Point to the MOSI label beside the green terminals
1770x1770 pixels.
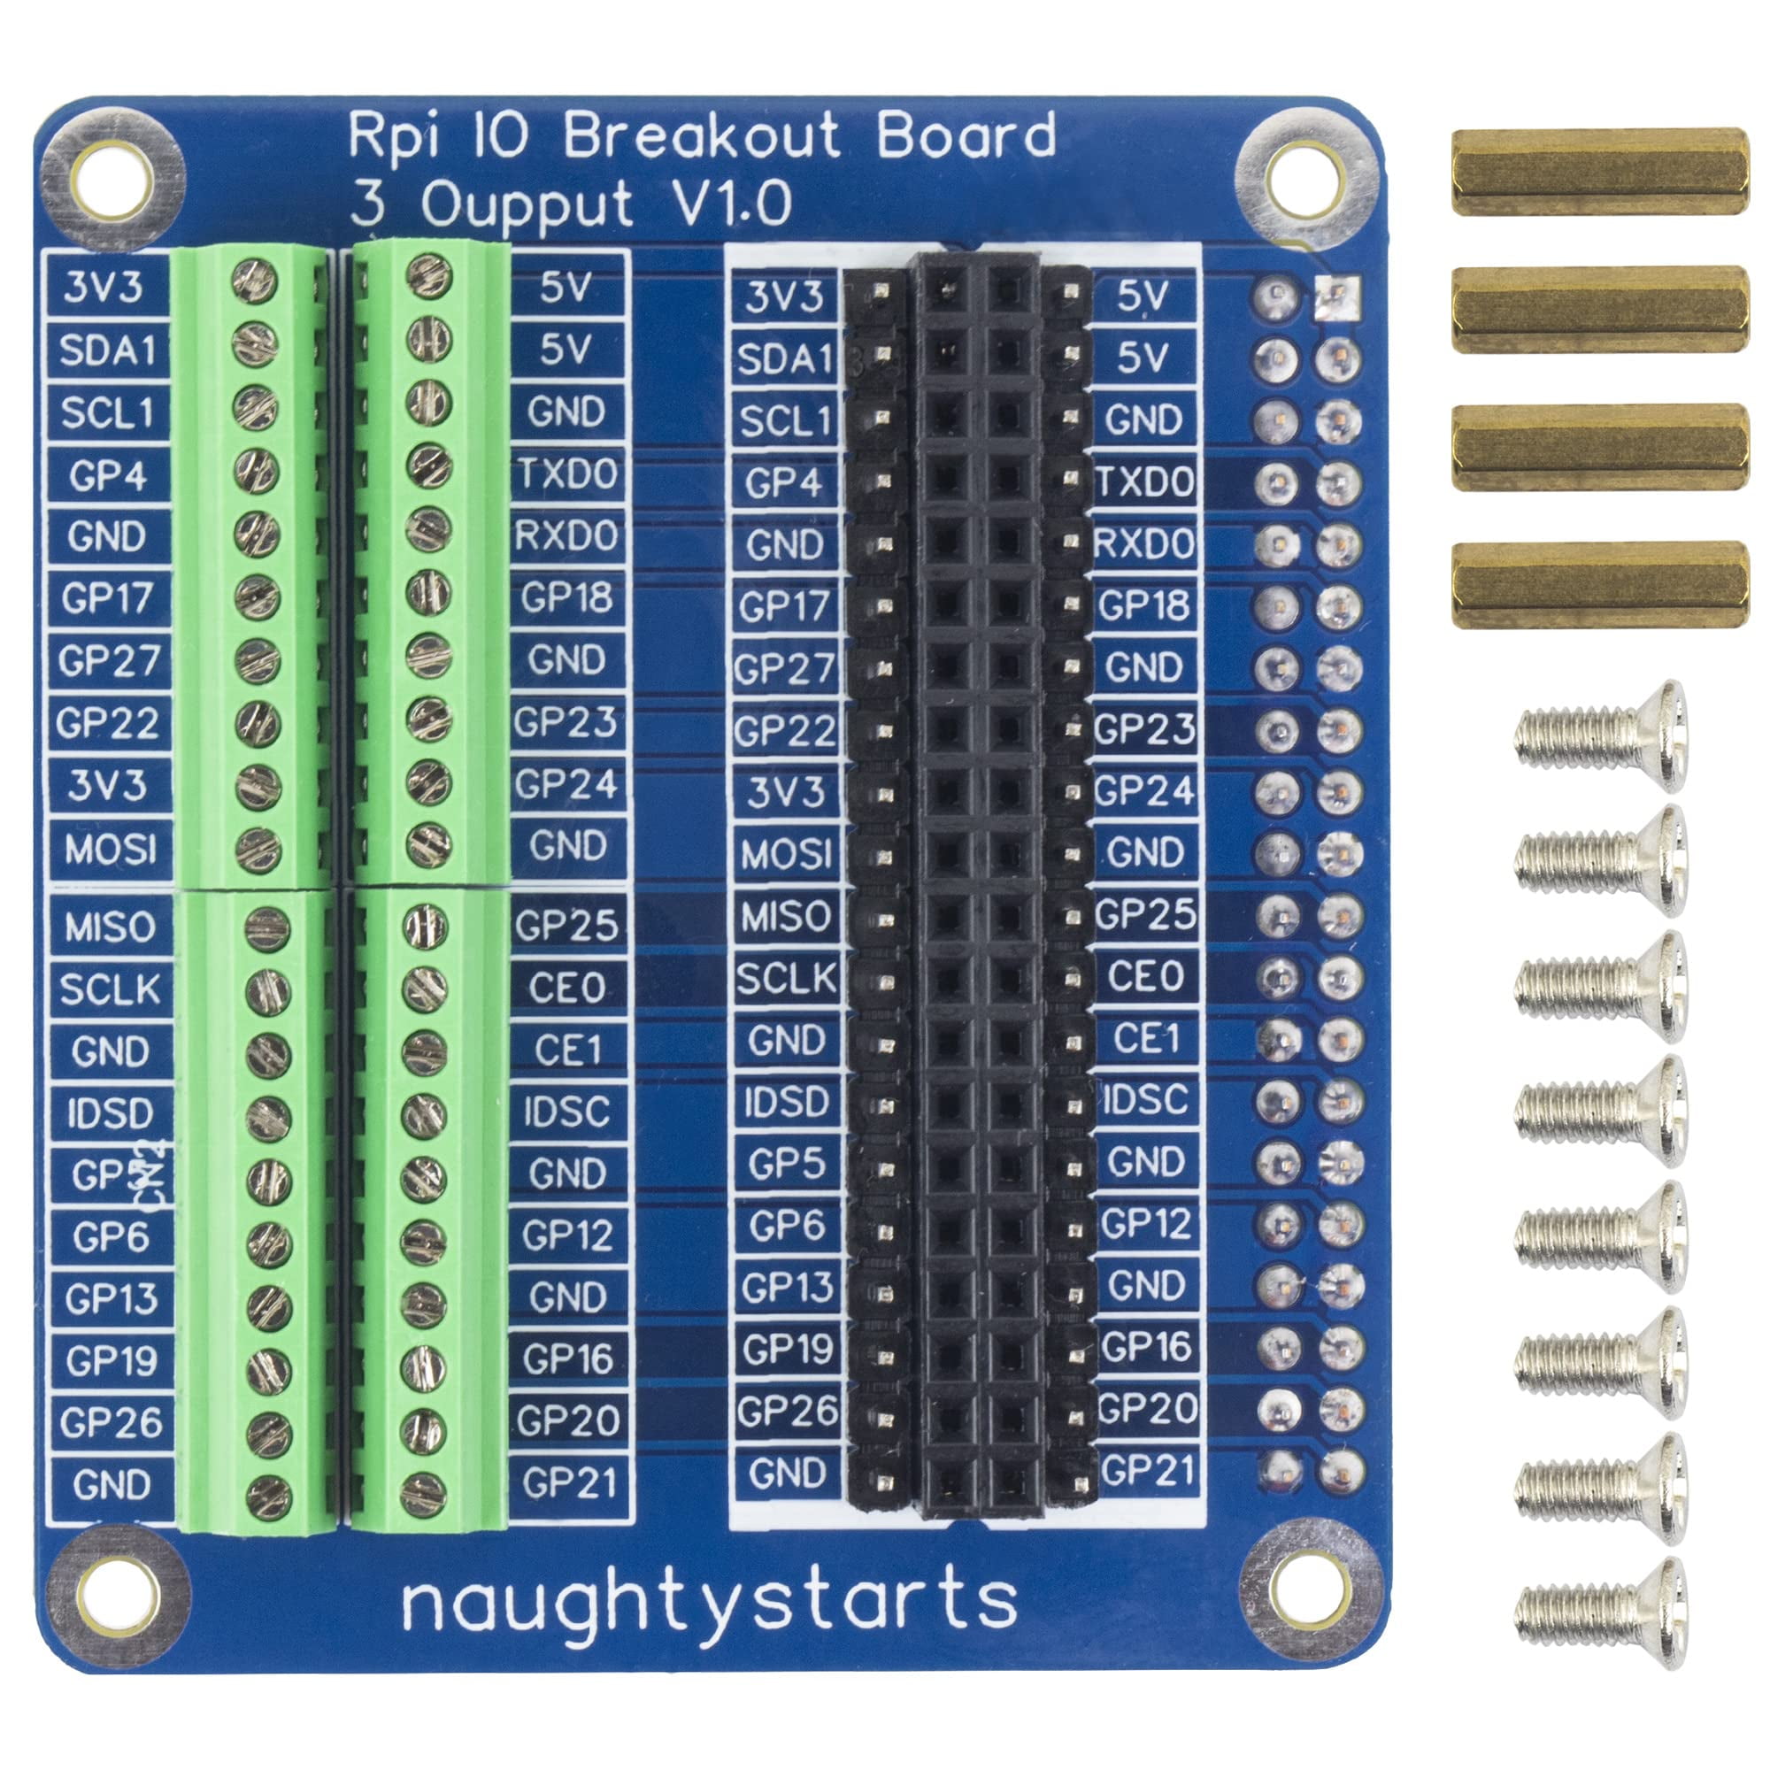coord(110,850)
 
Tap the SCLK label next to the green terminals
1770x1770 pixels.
coord(110,989)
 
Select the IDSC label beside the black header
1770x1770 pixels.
coord(1145,1100)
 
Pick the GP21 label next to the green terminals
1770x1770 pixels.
coord(568,1483)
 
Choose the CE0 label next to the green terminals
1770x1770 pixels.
coord(568,988)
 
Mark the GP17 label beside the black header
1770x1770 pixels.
coord(785,606)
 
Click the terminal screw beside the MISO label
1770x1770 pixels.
coord(267,928)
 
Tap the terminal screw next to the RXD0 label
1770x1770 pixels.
coord(428,527)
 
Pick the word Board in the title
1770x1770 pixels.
coord(966,135)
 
